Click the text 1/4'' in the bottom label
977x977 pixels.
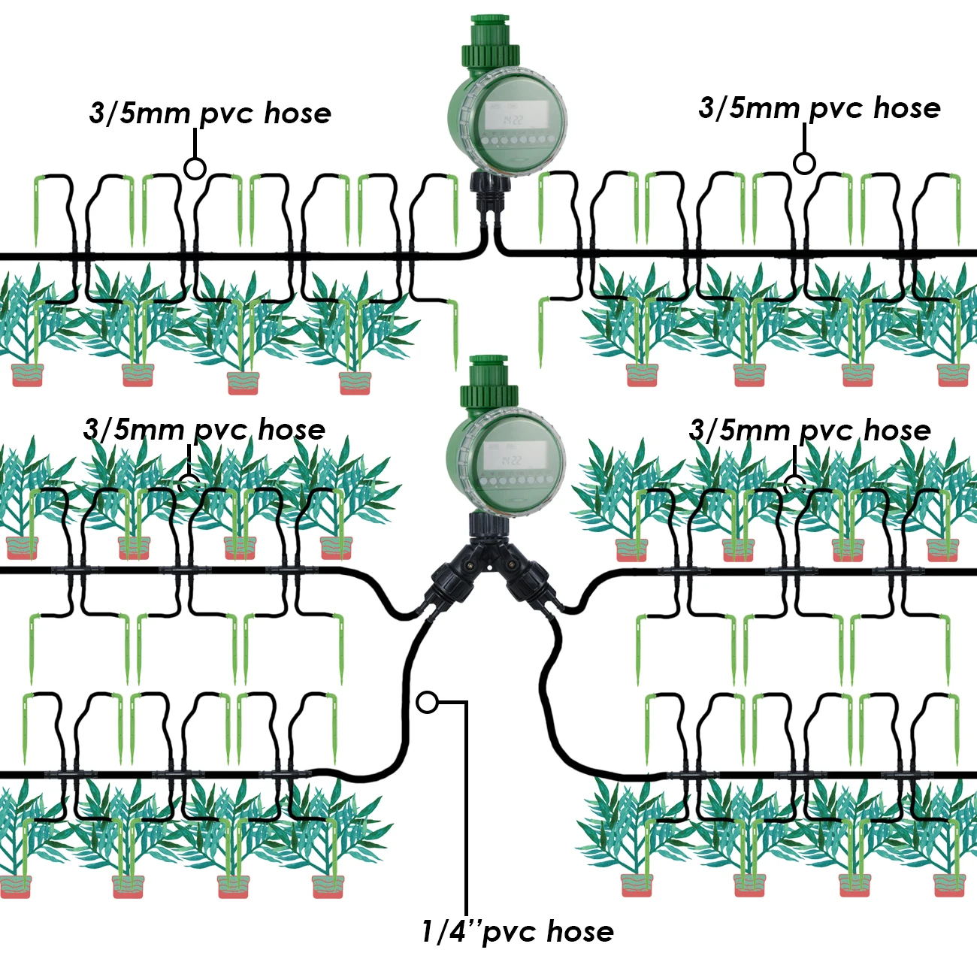click(x=449, y=932)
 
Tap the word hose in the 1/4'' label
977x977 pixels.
click(x=579, y=932)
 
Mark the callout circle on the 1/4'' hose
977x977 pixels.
click(x=427, y=702)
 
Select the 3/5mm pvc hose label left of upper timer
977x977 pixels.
click(x=210, y=113)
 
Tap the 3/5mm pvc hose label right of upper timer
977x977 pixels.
click(x=819, y=108)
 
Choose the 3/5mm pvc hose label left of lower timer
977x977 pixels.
click(x=204, y=430)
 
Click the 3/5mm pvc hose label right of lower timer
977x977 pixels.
click(x=810, y=431)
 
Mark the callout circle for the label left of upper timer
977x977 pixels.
click(x=195, y=168)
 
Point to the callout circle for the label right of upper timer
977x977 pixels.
click(x=804, y=163)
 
